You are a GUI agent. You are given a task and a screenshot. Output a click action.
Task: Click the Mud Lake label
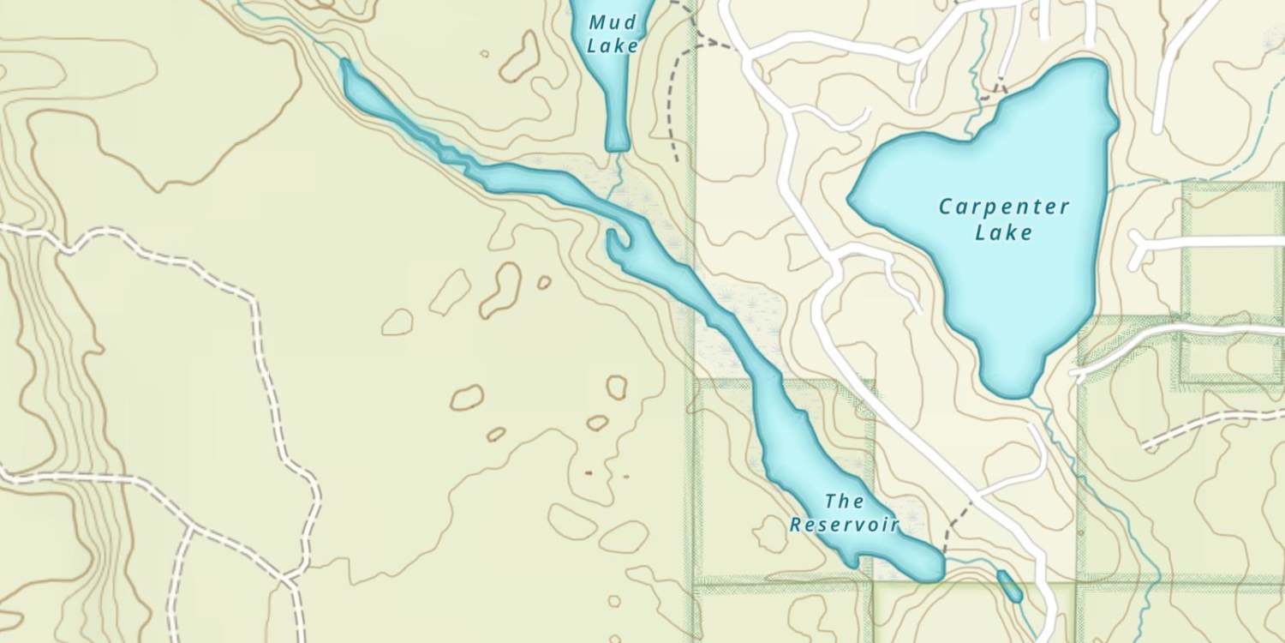point(613,34)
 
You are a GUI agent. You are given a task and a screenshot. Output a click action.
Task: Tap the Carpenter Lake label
point(1004,219)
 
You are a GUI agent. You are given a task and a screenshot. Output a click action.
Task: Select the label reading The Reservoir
point(844,513)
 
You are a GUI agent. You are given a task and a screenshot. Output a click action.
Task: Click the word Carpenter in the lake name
point(1004,207)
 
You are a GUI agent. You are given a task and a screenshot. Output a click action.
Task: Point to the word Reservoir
point(844,525)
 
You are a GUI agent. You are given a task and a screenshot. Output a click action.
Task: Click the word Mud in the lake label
point(613,23)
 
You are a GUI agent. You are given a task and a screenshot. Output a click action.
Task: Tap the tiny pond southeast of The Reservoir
point(1009,586)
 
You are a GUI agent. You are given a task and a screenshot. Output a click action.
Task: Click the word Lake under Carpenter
point(1004,232)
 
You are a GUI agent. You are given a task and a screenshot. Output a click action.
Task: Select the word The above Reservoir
point(844,501)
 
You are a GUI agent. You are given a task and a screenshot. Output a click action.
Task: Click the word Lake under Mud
point(613,45)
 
